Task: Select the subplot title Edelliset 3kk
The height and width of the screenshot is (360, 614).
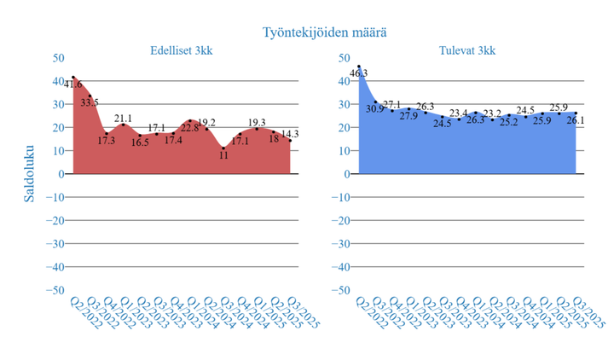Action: pyautogui.click(x=182, y=50)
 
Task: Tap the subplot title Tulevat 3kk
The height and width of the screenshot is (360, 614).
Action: pyautogui.click(x=468, y=50)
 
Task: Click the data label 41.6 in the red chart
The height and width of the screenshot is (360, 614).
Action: pyautogui.click(x=73, y=84)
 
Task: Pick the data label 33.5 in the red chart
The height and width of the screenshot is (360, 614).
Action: pyautogui.click(x=90, y=102)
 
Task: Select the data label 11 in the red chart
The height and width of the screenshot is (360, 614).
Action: pyautogui.click(x=224, y=156)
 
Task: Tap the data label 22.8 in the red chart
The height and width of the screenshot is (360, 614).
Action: pyautogui.click(x=189, y=128)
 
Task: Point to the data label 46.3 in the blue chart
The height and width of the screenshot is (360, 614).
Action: pyautogui.click(x=359, y=73)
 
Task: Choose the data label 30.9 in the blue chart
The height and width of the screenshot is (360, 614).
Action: pyautogui.click(x=375, y=109)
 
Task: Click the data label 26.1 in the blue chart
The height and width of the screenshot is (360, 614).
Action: pyautogui.click(x=576, y=121)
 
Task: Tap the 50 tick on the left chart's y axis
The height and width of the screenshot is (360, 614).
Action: pyautogui.click(x=58, y=58)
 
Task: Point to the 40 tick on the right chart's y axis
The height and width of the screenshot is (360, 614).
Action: pyautogui.click(x=345, y=81)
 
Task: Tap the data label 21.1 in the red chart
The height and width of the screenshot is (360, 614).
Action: pyautogui.click(x=123, y=118)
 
